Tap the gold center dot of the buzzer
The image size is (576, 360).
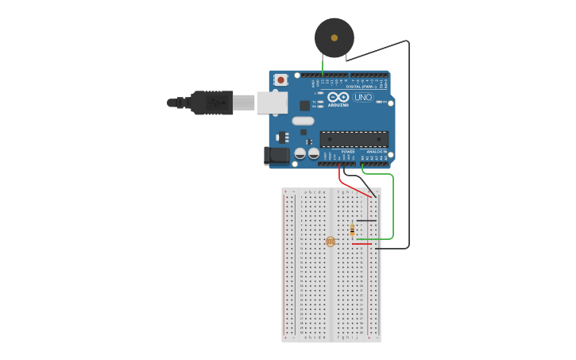click(334, 37)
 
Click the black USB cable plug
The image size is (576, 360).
click(211, 103)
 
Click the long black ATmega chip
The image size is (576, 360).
click(354, 139)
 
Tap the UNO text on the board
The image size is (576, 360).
click(363, 97)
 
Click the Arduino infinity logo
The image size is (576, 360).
click(338, 97)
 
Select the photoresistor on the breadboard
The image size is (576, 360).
click(331, 241)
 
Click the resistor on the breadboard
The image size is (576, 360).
click(353, 230)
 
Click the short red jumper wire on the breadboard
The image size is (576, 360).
click(362, 244)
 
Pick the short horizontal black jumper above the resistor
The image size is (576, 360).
click(366, 220)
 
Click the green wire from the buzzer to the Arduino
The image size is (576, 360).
click(323, 64)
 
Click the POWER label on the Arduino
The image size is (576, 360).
click(348, 151)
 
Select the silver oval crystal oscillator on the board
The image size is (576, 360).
click(303, 121)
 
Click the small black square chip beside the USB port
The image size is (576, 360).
click(304, 105)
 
